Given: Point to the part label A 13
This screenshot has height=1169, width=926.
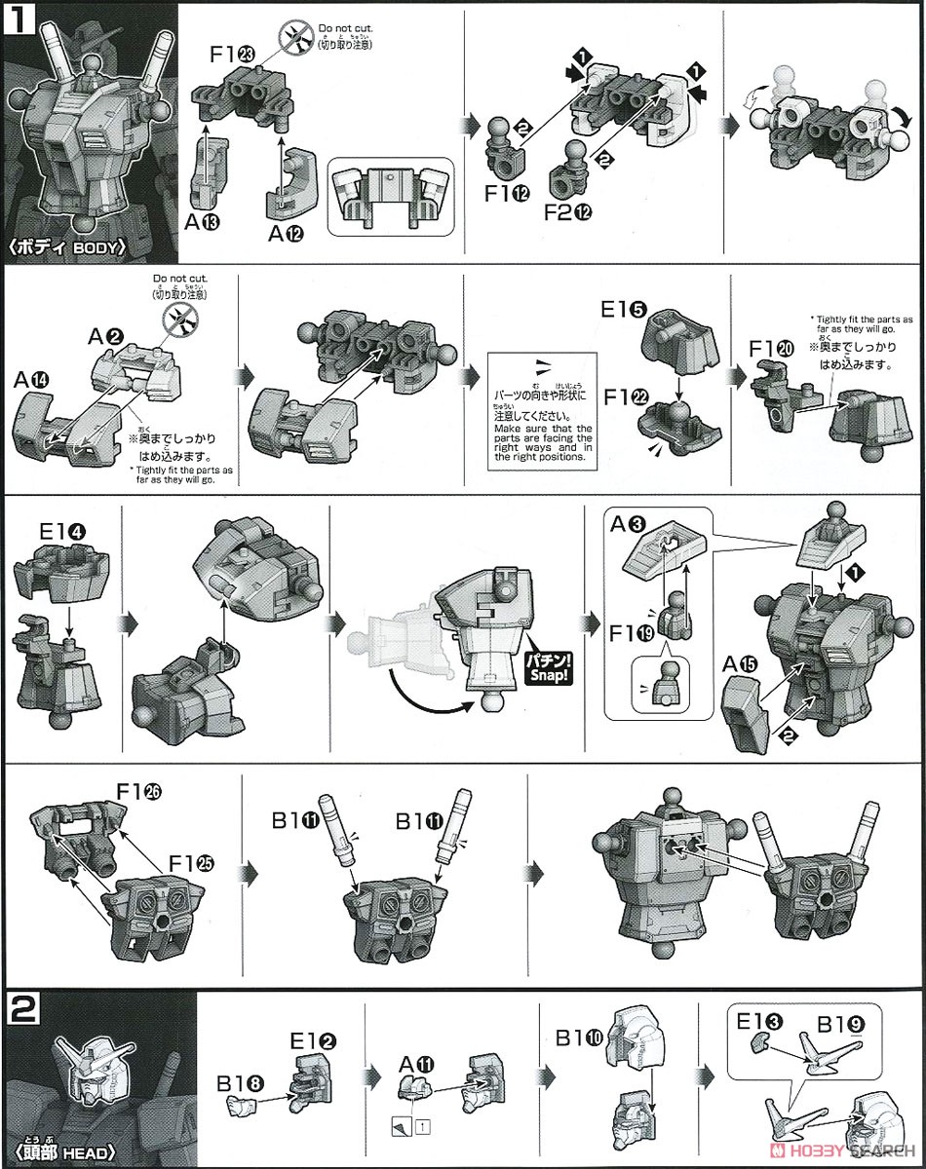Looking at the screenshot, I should pos(206,222).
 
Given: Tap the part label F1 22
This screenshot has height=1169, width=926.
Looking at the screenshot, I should pos(621,398).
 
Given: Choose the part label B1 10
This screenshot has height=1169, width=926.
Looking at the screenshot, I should pos(576,1038).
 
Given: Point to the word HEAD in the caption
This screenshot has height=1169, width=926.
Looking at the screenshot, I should pos(95,1154).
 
